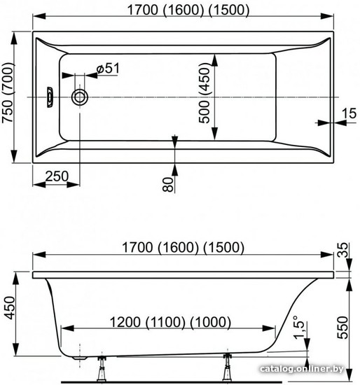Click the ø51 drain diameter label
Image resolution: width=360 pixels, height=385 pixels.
coord(108,69)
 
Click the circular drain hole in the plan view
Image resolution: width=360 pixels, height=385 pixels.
coord(80,97)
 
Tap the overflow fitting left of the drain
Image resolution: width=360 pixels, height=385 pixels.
coord(50,97)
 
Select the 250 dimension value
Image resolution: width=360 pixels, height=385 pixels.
coord(57,176)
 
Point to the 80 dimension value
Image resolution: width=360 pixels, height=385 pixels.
coord(168,184)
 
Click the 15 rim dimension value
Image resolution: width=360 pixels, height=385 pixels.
coord(349,113)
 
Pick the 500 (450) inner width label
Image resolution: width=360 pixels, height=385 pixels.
coord(205,93)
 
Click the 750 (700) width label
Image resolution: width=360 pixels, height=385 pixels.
coord(8,93)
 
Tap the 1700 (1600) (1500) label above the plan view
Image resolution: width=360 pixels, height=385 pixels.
coord(188,10)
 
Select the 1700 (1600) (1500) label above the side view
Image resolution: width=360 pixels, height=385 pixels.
coord(183,247)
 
